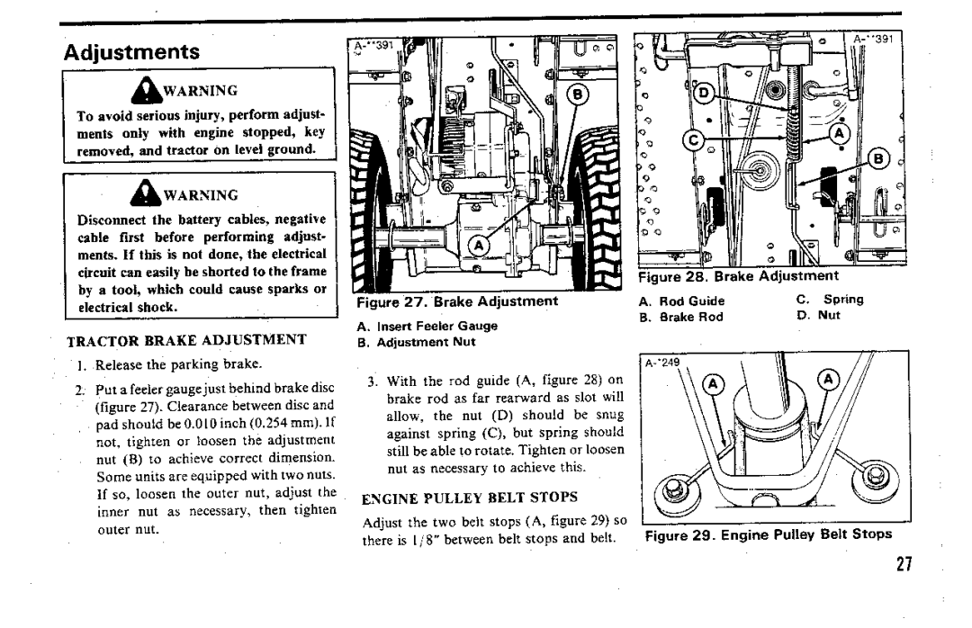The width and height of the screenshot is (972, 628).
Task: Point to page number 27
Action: coord(904,564)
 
